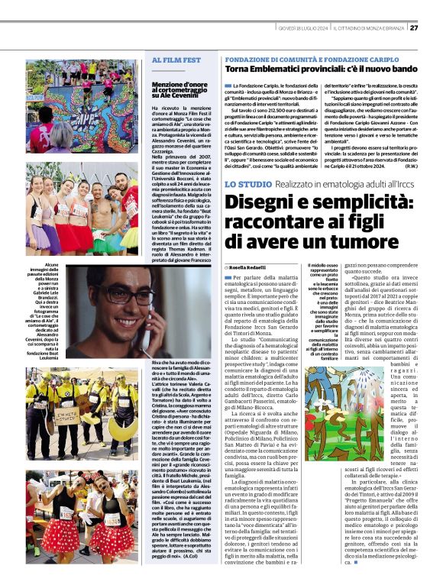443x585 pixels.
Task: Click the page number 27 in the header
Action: pos(413,28)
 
